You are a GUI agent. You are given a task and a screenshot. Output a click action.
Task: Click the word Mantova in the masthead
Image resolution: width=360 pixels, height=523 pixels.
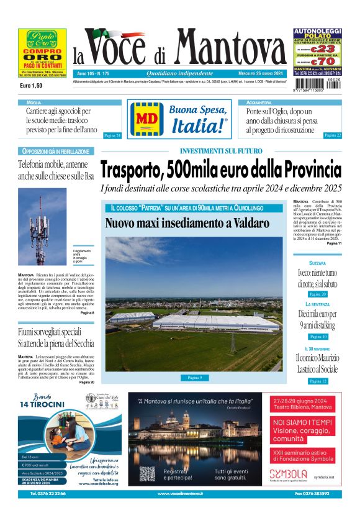231,48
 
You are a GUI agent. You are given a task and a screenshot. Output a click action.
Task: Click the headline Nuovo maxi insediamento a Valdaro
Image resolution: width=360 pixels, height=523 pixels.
178,222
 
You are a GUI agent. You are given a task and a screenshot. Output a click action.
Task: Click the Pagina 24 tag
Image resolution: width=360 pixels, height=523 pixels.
112,135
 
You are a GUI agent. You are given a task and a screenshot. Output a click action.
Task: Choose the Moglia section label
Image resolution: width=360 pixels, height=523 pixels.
34,102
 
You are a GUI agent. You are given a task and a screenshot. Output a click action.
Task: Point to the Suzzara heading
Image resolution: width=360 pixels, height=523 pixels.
317,263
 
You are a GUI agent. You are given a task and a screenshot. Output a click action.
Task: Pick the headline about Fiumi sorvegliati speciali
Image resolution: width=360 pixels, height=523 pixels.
56,337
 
